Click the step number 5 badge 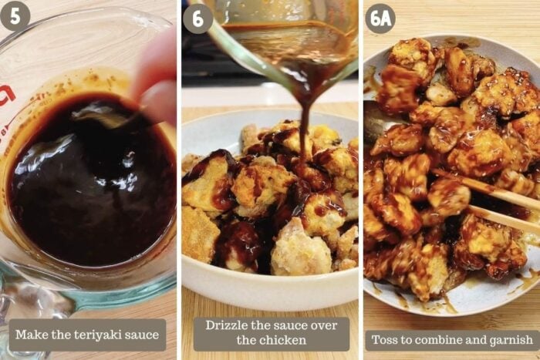tap(15, 16)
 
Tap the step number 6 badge tap(197, 19)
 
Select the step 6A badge tap(380, 19)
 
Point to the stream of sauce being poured tap(304, 131)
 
